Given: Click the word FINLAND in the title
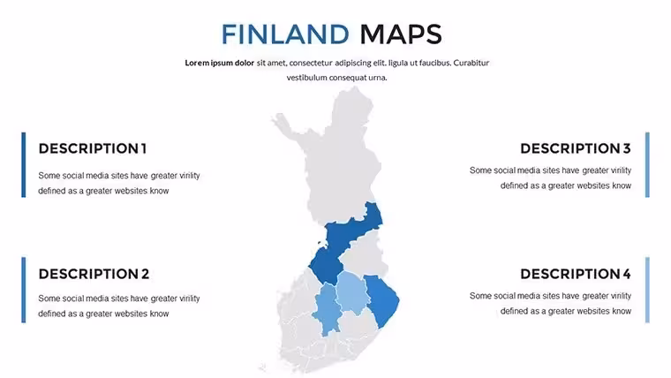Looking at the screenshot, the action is coord(285,34).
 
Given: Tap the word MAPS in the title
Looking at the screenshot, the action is coord(401,34).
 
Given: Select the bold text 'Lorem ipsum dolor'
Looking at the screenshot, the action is coord(220,63).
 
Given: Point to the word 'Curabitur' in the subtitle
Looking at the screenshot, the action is coord(471,63).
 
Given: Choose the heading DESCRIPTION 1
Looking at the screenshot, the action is coord(93,148).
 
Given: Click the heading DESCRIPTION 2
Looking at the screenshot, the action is coord(94,274).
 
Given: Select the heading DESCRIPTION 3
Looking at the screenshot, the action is coord(576,148).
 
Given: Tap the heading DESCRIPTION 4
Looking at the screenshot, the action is coord(576,274).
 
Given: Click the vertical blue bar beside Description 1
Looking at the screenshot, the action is coord(24,165).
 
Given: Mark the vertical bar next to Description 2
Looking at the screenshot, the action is coord(24,290).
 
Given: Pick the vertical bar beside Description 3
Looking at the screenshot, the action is coord(647,165).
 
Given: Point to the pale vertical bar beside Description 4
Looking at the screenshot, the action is coord(647,290).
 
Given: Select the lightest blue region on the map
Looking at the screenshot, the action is coord(352,292).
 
